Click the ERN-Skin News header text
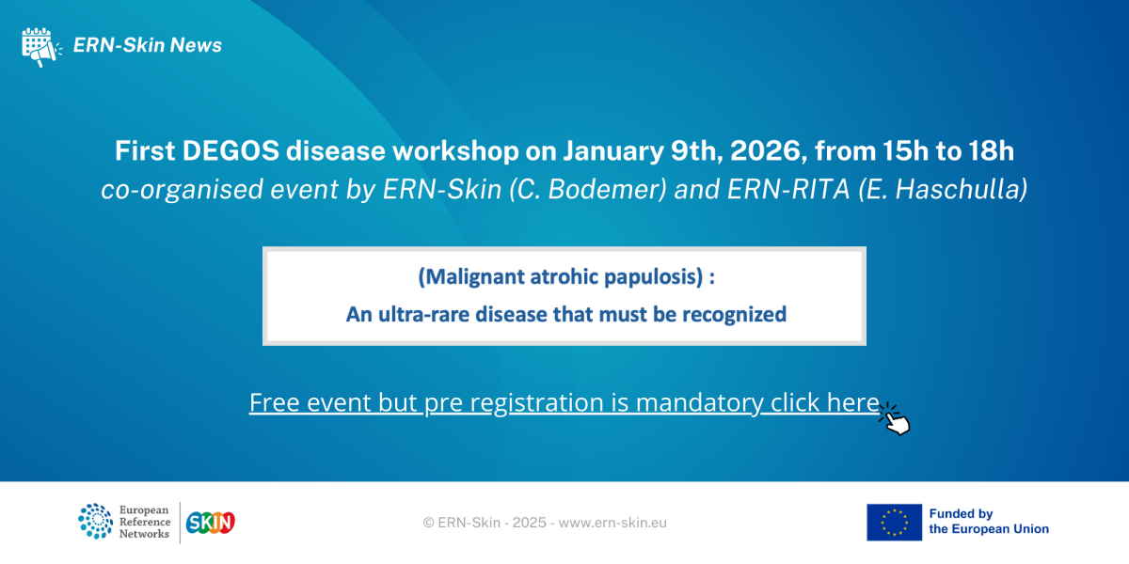148,45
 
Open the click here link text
824,402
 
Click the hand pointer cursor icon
896,419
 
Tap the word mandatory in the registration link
698,402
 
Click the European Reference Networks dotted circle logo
95,522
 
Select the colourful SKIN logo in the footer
211,522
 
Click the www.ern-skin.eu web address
612,523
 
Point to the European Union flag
894,522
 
